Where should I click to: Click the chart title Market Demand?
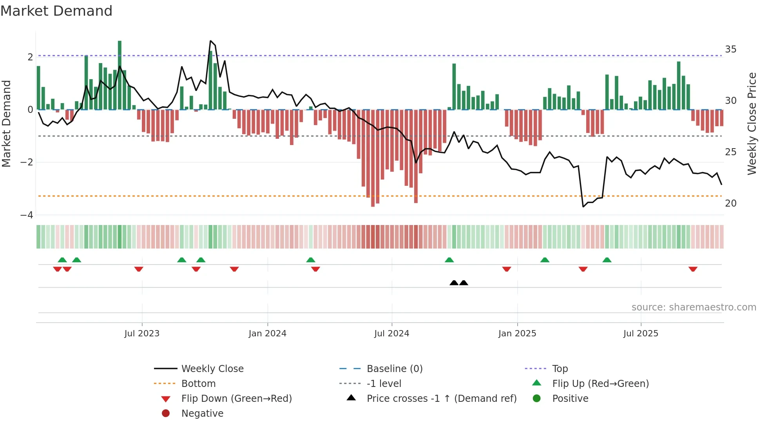56,11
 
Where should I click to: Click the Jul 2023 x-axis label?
142,334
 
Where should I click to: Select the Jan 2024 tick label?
268,334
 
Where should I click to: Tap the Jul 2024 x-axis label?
392,334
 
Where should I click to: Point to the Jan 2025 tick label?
517,334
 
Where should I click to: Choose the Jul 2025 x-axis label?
641,334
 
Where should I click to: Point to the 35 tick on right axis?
731,49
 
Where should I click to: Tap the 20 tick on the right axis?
731,203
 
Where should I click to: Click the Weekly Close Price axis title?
752,123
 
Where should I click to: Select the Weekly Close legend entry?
212,369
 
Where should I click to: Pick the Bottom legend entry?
198,384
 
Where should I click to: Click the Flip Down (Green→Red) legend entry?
236,399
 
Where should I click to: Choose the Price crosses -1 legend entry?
442,399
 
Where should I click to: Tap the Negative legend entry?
202,414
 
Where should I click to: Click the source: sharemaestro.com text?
694,307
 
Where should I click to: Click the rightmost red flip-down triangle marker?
693,269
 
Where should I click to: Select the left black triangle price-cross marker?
454,283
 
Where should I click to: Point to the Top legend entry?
560,369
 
